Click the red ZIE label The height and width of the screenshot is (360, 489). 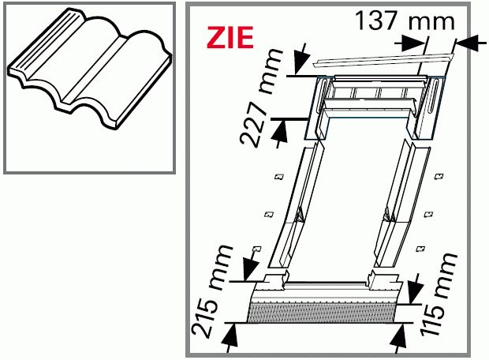(x=230, y=37)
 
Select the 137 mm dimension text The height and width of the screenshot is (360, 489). (x=405, y=21)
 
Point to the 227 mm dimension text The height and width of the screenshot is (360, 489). (x=261, y=97)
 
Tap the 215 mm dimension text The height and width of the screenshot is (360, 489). (x=212, y=291)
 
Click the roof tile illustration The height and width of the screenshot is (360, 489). (x=89, y=69)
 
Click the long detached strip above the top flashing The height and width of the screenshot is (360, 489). (x=383, y=61)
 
